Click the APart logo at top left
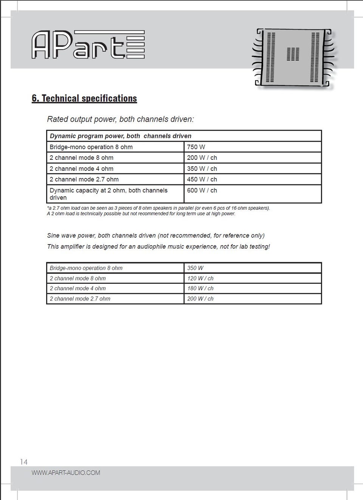point(88,45)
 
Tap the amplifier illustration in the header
point(293,57)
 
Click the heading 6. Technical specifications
point(84,98)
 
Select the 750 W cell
point(196,147)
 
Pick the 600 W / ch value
point(202,190)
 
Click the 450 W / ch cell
point(202,180)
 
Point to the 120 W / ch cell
point(200,279)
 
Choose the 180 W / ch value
point(200,288)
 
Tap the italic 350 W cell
point(195,268)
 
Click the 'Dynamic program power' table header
point(121,136)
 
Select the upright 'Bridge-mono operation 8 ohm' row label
point(91,147)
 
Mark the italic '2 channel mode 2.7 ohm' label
point(80,299)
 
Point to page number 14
point(24,462)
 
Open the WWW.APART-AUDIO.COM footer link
point(66,473)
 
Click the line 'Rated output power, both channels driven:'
point(120,119)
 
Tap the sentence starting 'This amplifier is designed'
point(158,247)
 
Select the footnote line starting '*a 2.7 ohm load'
point(158,208)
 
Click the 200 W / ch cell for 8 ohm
point(202,158)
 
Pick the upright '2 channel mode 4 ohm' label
point(81,169)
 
